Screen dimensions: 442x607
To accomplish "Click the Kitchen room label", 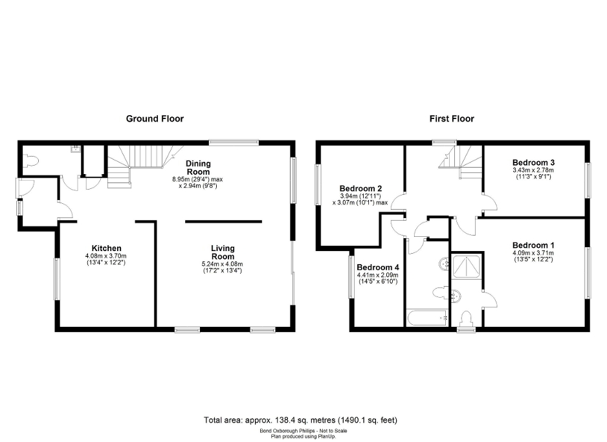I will (x=107, y=249).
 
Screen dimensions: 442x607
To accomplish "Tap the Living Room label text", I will (x=223, y=252).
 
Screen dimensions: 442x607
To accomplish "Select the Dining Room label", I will (x=199, y=168).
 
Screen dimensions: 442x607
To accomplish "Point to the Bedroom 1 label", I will (x=533, y=245).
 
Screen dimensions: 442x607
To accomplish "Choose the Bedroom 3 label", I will (x=533, y=162).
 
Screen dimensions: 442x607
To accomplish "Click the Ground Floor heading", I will (x=155, y=118).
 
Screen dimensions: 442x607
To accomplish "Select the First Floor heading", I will (x=452, y=118).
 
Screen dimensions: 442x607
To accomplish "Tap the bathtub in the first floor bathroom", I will (x=427, y=318).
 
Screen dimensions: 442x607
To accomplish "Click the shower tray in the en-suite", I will (x=468, y=266).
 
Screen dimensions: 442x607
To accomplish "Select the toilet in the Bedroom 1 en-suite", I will (x=465, y=318).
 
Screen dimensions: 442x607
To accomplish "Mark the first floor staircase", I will (x=461, y=159).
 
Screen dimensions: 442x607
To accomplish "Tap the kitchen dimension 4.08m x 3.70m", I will (x=107, y=256).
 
